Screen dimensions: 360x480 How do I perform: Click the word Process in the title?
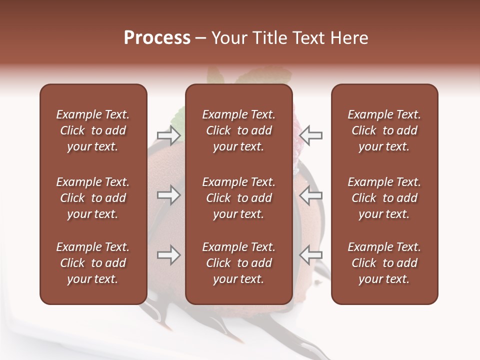coord(157,38)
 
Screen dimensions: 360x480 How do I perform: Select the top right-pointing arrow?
coord(169,135)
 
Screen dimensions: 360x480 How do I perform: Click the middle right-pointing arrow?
coord(169,195)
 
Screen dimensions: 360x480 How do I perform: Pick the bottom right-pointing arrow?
coord(169,255)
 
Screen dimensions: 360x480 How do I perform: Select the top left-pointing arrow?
coord(310,135)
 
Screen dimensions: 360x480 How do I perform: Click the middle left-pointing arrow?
coord(310,195)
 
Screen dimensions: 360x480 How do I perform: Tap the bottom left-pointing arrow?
coord(310,255)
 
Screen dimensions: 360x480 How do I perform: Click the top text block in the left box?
coord(93,130)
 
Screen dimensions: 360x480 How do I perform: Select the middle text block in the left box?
coord(93,198)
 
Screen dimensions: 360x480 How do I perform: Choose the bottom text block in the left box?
coord(93,263)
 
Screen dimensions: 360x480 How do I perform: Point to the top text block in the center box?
coord(238,130)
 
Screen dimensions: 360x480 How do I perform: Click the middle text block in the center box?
coord(238,198)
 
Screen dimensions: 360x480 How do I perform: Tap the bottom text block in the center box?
coord(238,263)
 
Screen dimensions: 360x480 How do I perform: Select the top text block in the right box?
coord(384,130)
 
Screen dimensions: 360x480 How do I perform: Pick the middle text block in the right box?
coord(384,198)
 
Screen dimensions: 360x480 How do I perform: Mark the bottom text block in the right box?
coord(384,263)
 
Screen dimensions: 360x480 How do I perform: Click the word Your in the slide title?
coord(228,38)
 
